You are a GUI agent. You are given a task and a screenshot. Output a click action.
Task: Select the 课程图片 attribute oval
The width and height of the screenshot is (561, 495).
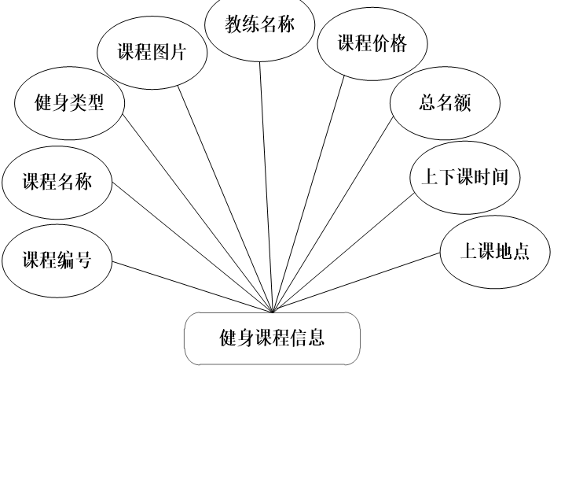[152, 53]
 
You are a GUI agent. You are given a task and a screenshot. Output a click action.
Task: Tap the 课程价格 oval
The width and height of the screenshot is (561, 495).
[372, 44]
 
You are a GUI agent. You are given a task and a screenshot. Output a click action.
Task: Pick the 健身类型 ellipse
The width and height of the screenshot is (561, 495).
[69, 103]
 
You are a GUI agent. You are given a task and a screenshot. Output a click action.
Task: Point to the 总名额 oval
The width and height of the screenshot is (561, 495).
[445, 103]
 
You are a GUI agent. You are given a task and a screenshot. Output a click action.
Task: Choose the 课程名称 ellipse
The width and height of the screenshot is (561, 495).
[57, 183]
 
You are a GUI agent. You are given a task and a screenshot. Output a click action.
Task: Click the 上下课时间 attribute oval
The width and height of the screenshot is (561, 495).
[464, 178]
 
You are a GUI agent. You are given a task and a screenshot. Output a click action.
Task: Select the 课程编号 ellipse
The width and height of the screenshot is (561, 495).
[57, 260]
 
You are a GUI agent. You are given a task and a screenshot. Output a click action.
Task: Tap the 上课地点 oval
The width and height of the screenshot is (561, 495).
[494, 252]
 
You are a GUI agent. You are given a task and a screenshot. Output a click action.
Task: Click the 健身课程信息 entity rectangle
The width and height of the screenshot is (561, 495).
[272, 338]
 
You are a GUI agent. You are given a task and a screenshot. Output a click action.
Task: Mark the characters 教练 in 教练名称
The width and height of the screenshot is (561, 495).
[242, 24]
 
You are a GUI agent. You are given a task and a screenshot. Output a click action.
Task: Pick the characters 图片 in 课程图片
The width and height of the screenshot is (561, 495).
[170, 53]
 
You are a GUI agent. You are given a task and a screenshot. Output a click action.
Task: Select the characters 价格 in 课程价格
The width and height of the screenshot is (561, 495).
[390, 43]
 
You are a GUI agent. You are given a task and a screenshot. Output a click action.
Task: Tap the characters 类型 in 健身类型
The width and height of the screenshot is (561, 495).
[87, 103]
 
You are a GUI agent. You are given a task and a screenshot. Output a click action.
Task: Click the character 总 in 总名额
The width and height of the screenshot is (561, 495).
[427, 103]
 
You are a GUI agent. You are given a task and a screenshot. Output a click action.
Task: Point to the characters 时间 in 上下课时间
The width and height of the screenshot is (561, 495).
[490, 178]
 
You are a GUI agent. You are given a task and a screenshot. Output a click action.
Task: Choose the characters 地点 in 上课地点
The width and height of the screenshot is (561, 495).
[512, 252]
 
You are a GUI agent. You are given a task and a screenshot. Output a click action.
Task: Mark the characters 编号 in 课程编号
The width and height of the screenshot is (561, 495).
[75, 260]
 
